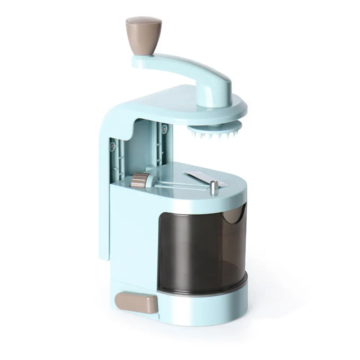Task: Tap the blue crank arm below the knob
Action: coord(180,65)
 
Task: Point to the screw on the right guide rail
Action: coord(164,127)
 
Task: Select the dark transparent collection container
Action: coord(202,245)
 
